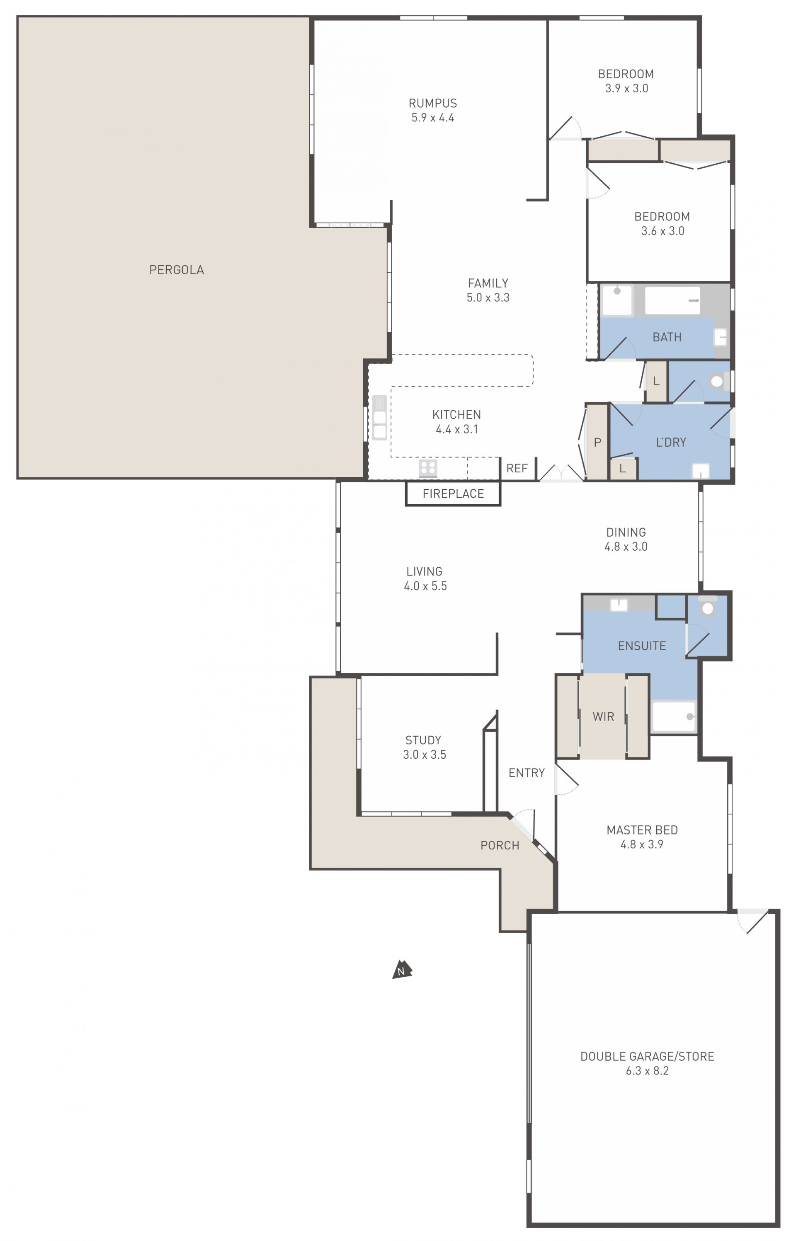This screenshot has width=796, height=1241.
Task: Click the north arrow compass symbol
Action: (x=402, y=970)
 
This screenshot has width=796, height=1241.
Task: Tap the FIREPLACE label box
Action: (x=453, y=494)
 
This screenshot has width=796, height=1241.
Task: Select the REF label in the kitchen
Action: (x=517, y=468)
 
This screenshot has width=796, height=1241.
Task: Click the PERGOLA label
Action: (x=177, y=270)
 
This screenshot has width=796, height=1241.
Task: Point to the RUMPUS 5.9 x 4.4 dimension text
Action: (x=433, y=118)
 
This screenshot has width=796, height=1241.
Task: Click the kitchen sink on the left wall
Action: (x=379, y=418)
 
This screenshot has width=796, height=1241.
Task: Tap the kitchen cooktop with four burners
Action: (x=428, y=468)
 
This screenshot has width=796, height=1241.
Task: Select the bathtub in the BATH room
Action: (x=672, y=300)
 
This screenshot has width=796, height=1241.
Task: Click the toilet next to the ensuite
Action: (x=708, y=607)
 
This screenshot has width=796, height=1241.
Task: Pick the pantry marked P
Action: (x=597, y=442)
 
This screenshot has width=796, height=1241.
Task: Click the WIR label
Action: (x=603, y=717)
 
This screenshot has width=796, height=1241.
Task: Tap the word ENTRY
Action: (x=527, y=773)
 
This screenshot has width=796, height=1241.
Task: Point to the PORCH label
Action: (x=500, y=845)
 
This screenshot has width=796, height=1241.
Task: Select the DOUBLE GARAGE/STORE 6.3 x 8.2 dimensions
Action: (x=647, y=1071)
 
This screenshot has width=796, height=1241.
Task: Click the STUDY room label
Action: (x=423, y=740)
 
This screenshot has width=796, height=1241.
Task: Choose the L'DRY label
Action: (x=671, y=442)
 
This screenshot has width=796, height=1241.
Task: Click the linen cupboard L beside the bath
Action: (x=656, y=382)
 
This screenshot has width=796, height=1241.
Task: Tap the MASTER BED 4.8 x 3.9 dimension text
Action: (x=642, y=844)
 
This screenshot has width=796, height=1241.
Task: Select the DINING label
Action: (x=626, y=532)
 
